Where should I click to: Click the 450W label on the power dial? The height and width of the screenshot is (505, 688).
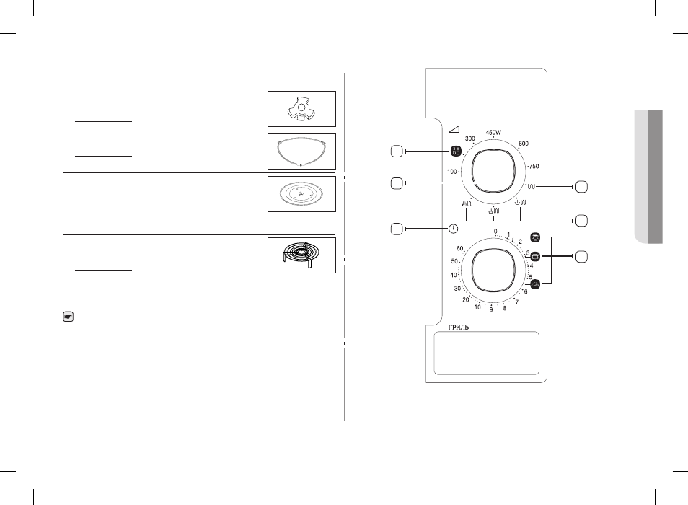click(493, 132)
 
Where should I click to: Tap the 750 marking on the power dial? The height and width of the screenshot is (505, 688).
click(534, 166)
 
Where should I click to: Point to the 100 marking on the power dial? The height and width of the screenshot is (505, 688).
click(452, 172)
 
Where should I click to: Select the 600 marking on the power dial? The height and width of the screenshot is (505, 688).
click(524, 144)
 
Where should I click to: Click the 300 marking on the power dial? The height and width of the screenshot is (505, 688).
click(470, 139)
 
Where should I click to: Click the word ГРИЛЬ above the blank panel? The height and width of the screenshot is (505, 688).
click(459, 328)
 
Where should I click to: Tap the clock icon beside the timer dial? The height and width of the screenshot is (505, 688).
click(453, 229)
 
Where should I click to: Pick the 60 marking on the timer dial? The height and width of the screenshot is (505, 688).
click(460, 248)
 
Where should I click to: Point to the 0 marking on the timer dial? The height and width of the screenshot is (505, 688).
click(495, 232)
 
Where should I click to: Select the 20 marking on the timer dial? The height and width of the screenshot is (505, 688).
click(466, 299)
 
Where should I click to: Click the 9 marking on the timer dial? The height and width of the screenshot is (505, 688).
click(491, 309)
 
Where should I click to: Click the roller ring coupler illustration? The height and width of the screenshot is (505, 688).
click(301, 109)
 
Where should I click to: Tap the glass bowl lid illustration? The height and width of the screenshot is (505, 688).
click(301, 151)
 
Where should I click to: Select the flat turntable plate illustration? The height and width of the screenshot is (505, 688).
click(301, 193)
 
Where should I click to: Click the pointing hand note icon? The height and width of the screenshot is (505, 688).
click(68, 316)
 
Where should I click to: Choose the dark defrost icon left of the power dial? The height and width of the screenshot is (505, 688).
click(456, 151)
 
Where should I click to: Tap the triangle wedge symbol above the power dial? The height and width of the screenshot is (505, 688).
click(454, 129)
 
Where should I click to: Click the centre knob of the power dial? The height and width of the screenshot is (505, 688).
click(493, 172)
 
